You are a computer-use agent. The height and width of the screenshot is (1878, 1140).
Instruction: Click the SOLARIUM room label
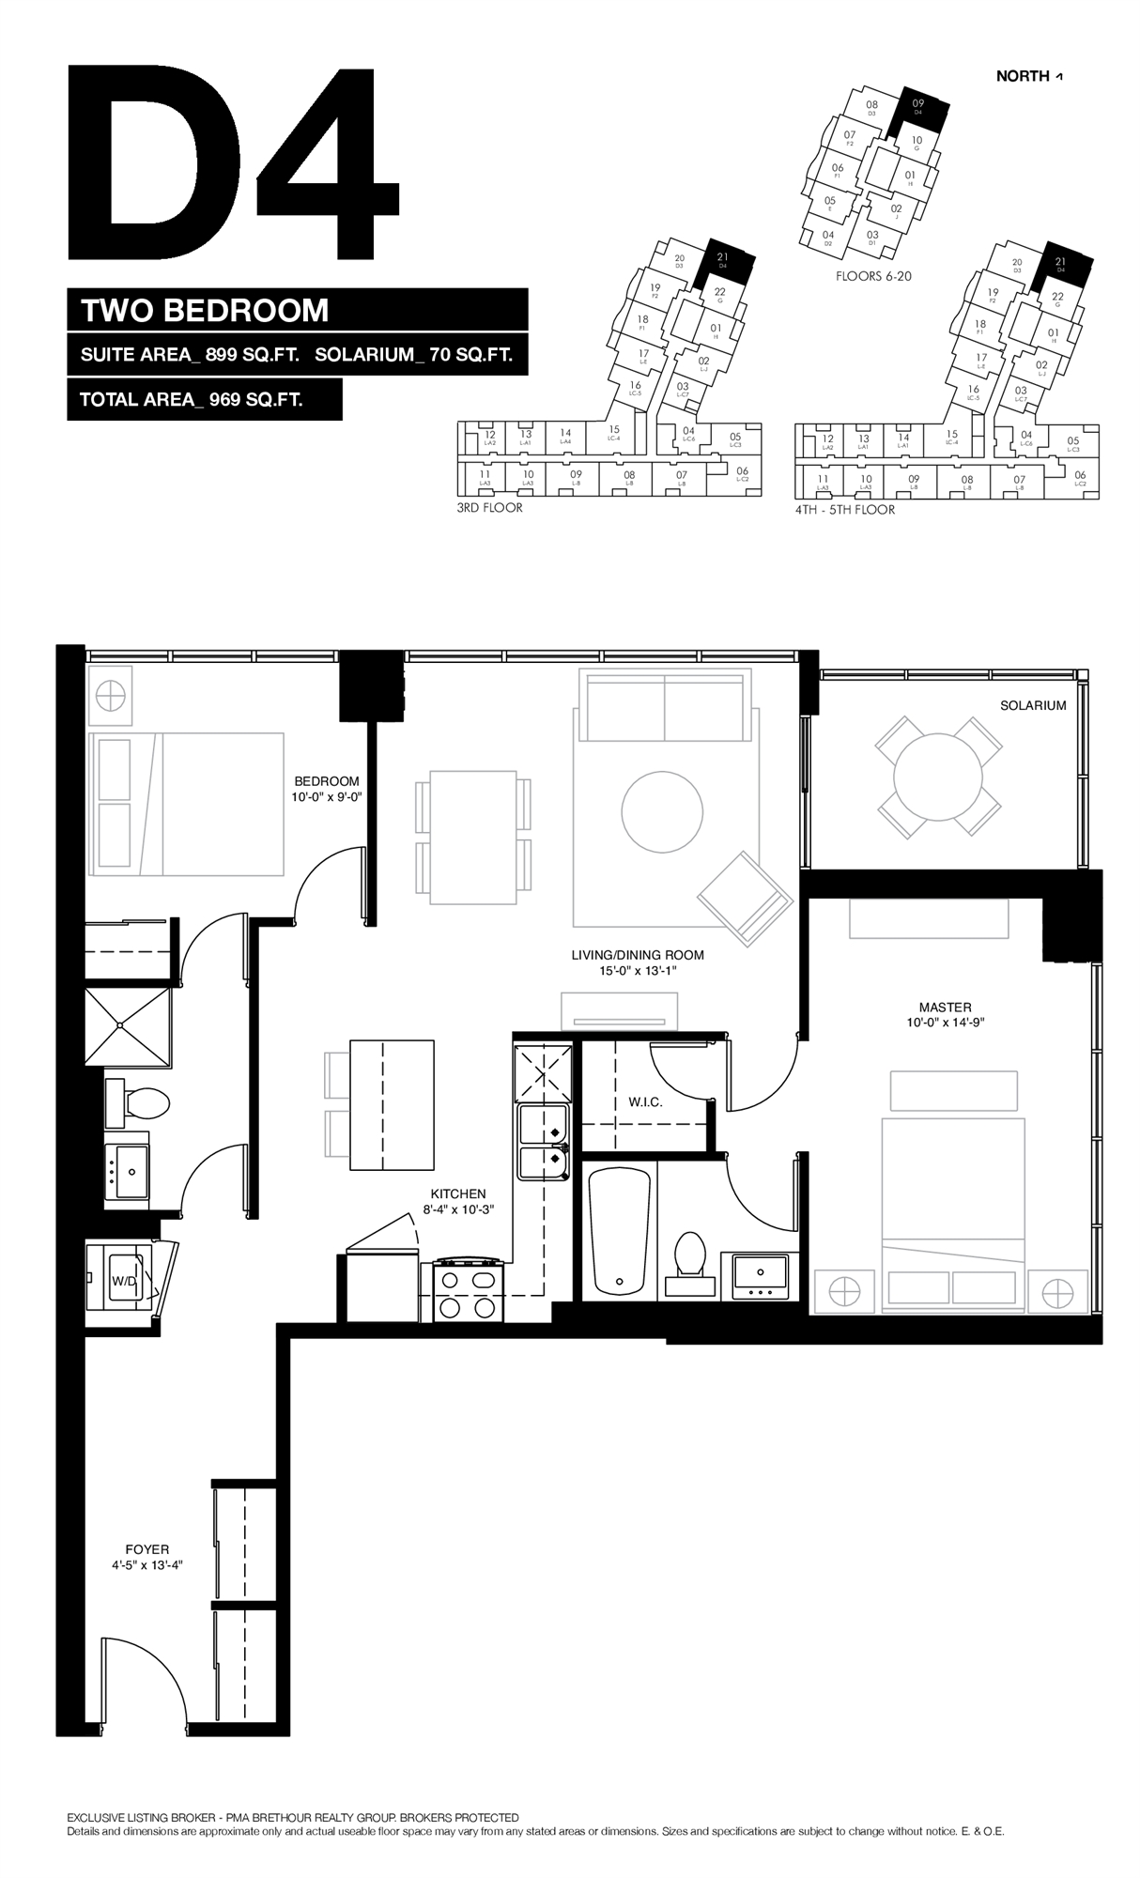[x=1033, y=705]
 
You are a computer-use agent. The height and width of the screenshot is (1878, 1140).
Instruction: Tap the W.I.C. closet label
[x=645, y=1101]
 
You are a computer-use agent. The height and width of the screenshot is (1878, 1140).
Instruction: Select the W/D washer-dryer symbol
[x=123, y=1280]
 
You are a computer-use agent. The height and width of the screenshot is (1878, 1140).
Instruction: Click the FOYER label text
[x=146, y=1549]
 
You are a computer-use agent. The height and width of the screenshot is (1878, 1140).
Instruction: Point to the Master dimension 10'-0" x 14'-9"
[x=945, y=1023]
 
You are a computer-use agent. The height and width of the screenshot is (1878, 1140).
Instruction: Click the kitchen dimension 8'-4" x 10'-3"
[x=458, y=1209]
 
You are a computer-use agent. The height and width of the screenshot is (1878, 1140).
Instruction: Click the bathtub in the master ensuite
[x=619, y=1231]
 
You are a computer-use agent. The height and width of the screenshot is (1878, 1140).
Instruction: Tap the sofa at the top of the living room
[x=665, y=706]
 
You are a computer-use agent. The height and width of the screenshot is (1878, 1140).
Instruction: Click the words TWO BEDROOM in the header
[x=205, y=310]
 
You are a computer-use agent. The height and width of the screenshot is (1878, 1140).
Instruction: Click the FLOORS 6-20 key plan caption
[x=873, y=276]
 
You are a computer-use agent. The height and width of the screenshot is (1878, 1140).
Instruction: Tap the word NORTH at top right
[x=1023, y=76]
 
